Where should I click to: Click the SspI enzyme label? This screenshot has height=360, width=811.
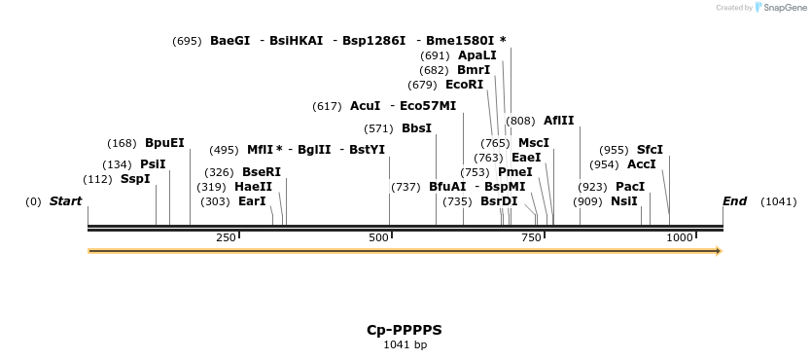(135, 179)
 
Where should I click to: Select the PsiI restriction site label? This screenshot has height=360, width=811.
(154, 164)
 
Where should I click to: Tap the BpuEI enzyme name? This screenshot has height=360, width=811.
(164, 143)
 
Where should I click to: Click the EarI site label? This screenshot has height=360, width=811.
(252, 201)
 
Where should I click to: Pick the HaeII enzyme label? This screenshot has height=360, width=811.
(254, 187)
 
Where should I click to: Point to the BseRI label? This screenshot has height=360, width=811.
(262, 172)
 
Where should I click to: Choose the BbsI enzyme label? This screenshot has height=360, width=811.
(416, 128)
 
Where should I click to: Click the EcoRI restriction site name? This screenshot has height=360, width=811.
(464, 85)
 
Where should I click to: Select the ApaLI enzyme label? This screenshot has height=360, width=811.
(476, 55)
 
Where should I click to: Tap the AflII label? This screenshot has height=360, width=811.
(558, 121)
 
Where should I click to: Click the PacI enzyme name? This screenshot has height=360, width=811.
(630, 187)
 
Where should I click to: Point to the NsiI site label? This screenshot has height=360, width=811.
(624, 201)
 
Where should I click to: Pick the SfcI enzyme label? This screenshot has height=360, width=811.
(650, 150)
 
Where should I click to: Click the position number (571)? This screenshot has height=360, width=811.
(378, 128)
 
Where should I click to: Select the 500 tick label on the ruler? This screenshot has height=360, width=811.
(379, 238)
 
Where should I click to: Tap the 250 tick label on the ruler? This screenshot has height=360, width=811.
(227, 238)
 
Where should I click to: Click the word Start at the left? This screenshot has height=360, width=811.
(66, 201)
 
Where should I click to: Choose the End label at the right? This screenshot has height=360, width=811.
(734, 201)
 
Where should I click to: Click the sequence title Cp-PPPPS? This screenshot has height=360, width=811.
(405, 330)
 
